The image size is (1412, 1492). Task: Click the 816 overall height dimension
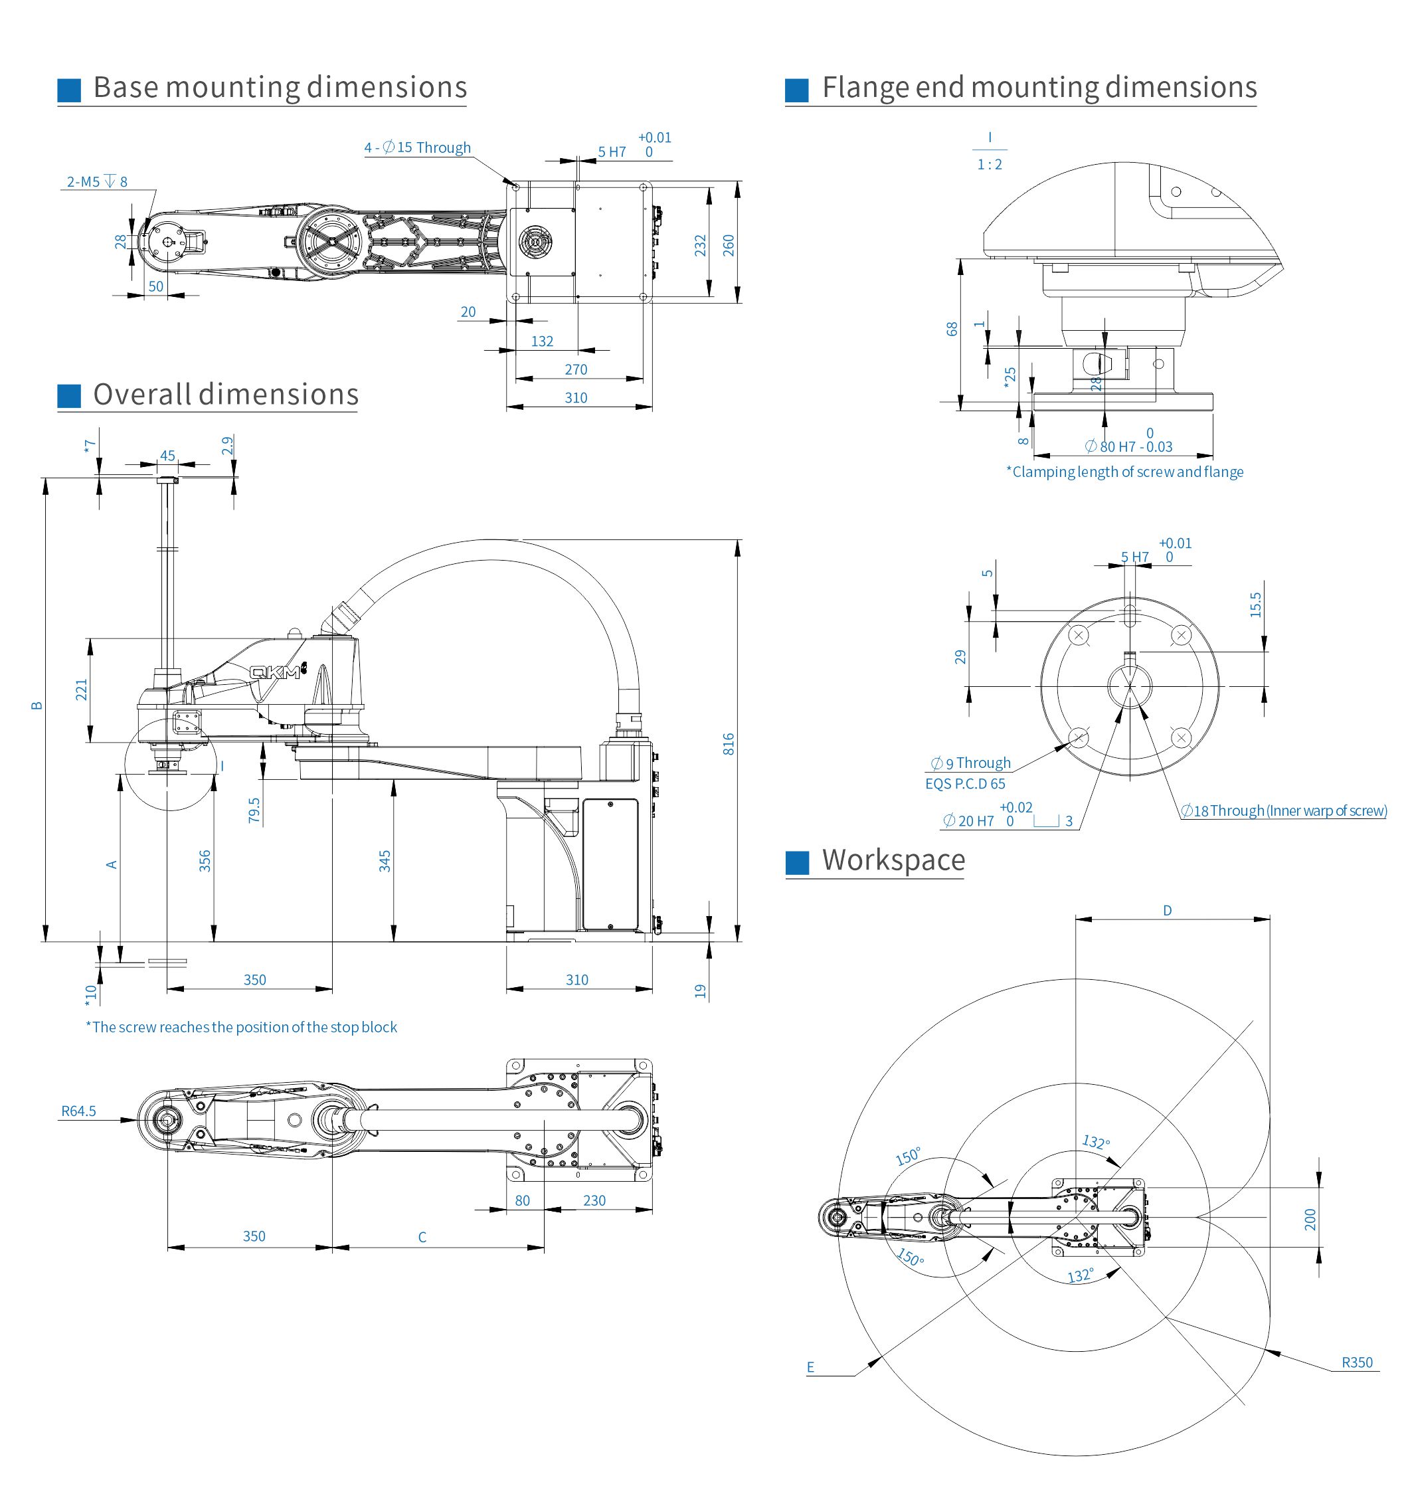point(728,744)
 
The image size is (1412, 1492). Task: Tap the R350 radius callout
point(1356,1362)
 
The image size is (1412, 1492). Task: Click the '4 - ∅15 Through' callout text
point(418,147)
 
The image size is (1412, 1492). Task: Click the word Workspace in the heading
point(893,860)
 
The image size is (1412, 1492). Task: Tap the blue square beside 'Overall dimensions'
point(69,395)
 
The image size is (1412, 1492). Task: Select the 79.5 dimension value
point(254,810)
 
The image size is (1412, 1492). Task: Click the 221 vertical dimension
point(81,690)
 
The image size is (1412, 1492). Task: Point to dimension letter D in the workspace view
point(1168,910)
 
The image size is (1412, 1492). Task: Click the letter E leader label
point(811,1367)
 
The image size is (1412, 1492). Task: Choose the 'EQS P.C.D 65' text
point(965,784)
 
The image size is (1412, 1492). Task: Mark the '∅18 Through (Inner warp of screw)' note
point(1283,810)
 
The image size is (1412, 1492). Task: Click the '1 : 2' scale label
point(990,164)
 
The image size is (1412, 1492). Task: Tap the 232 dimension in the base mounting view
point(701,245)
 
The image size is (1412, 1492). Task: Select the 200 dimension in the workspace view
point(1310,1220)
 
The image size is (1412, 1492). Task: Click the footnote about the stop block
point(241,1027)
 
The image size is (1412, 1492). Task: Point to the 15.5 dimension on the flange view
point(1255,605)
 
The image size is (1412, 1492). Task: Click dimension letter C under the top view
point(422,1237)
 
